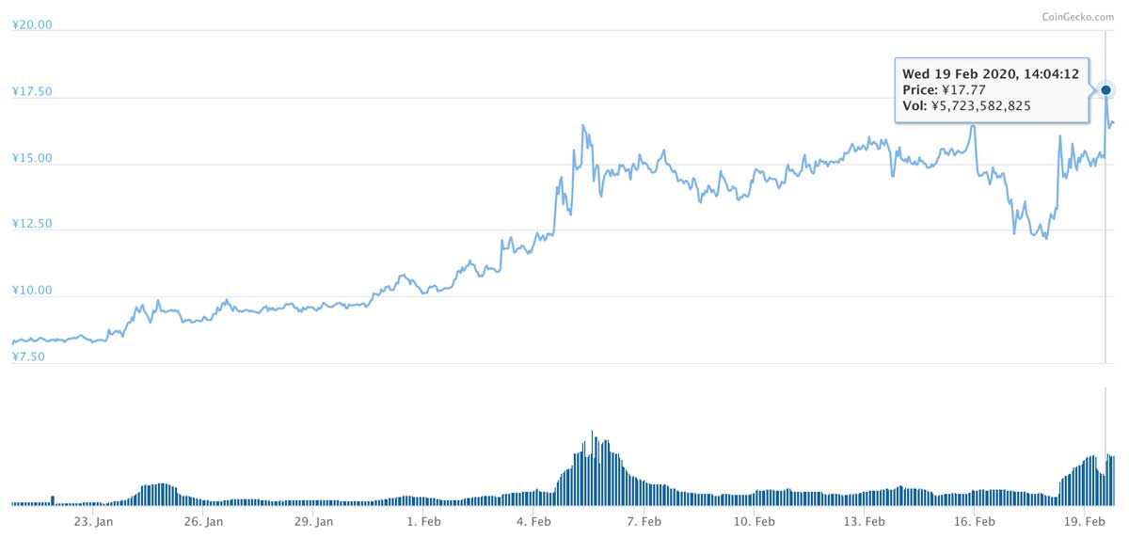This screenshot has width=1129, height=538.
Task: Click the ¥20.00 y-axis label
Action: (x=32, y=24)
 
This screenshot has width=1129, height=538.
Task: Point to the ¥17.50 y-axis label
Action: (x=32, y=91)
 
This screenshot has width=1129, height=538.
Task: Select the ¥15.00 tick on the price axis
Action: (x=32, y=158)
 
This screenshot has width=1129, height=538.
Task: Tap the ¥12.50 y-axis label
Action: (x=32, y=223)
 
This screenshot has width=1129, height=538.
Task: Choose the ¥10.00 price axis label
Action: (x=32, y=290)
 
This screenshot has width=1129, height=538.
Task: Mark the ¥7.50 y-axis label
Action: (x=28, y=356)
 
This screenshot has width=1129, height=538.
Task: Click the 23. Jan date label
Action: (x=93, y=521)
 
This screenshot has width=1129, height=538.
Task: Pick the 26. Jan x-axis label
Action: (x=203, y=521)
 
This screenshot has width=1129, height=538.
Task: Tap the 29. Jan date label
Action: (x=313, y=521)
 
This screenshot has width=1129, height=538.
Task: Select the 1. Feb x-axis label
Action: (x=424, y=521)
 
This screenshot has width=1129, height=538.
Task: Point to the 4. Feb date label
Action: (x=533, y=521)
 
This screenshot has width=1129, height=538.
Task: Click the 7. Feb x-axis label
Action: (x=644, y=521)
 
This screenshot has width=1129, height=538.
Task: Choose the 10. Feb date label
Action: (x=754, y=521)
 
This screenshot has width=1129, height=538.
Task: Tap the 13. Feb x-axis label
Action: (x=865, y=521)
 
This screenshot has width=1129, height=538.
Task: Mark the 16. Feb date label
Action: (x=975, y=521)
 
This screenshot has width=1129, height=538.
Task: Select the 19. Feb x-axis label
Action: (x=1085, y=521)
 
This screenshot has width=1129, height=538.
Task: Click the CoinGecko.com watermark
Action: (x=1078, y=17)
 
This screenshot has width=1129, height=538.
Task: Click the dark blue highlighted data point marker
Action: (x=1105, y=90)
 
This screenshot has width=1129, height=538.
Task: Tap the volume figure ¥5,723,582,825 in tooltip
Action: (x=980, y=105)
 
